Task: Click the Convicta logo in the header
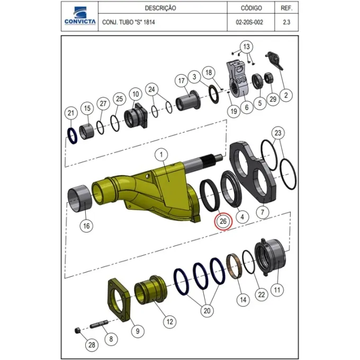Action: [80, 15]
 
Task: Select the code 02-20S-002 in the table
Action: [249, 22]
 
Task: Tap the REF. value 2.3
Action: [286, 22]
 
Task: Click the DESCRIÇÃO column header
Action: [160, 8]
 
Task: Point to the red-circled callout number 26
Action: [223, 221]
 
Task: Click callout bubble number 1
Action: [161, 155]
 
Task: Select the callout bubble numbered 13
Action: [246, 47]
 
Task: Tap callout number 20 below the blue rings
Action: [207, 311]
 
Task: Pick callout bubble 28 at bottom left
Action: [92, 345]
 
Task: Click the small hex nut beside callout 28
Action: [78, 331]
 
